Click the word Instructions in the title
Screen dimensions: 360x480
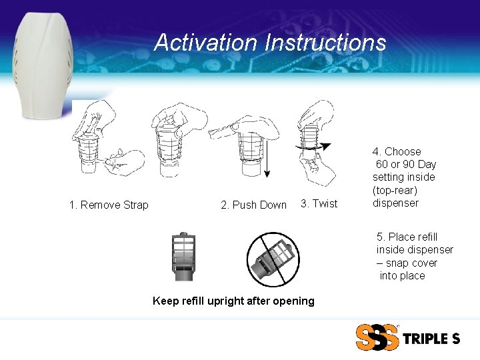point(325,43)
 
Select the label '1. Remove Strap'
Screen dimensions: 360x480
point(109,205)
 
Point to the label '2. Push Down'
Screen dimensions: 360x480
point(253,205)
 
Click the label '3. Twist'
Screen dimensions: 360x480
point(319,203)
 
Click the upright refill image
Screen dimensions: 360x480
point(183,257)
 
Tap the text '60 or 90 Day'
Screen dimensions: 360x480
point(406,164)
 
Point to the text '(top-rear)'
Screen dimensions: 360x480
point(395,190)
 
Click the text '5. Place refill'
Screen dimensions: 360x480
point(407,237)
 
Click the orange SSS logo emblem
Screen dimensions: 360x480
point(377,337)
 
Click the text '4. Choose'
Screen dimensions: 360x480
point(397,151)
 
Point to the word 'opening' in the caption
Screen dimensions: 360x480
point(293,301)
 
